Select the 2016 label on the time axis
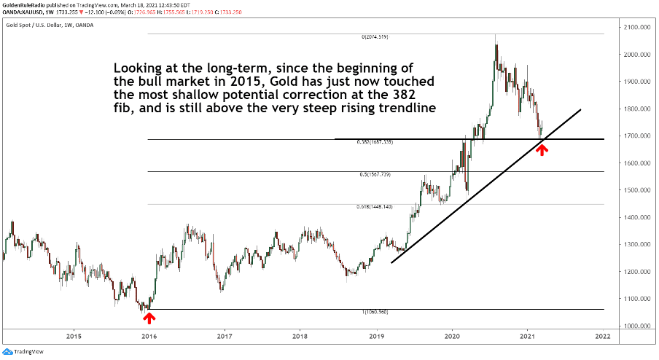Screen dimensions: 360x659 pos(149,337)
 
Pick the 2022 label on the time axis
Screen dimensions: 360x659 pos(602,337)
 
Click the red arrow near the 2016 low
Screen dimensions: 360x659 pos(149,318)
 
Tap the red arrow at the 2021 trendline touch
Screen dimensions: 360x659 pos(542,149)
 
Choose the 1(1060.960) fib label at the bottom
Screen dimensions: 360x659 pos(378,312)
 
